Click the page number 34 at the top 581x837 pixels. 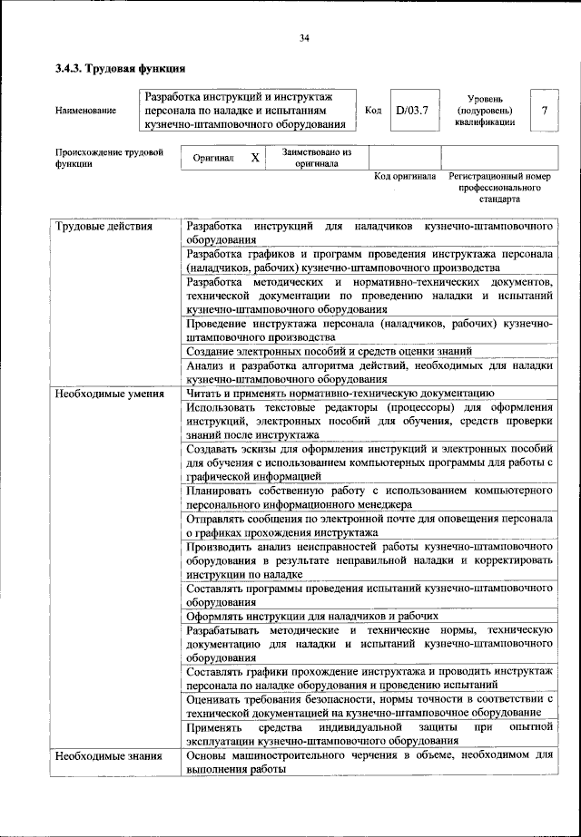[304, 37]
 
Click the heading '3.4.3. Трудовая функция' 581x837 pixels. [120, 68]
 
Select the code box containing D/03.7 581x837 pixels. [411, 111]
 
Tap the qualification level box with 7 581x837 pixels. [544, 111]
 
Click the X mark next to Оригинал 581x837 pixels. [255, 158]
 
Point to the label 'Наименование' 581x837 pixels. [85, 111]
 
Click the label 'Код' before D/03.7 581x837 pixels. [372, 111]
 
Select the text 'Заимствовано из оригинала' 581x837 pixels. [317, 158]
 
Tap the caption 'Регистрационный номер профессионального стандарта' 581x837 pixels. [500, 187]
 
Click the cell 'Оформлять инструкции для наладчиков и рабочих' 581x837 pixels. [307, 615]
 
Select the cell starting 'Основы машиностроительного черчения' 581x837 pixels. [369, 762]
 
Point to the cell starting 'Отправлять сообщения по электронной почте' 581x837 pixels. [369, 525]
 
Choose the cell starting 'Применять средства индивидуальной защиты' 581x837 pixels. [369, 734]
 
